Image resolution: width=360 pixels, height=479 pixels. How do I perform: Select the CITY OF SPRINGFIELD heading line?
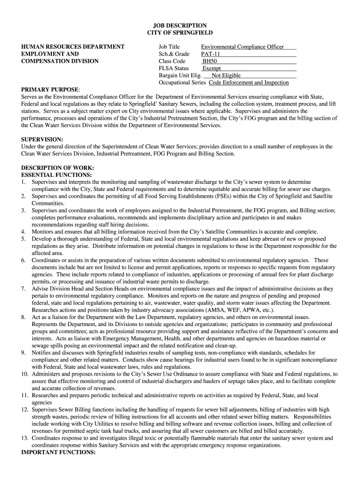coord(180,33)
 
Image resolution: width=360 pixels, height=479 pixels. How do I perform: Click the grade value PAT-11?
coord(211,54)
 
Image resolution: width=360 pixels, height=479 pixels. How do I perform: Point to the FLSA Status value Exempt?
coord(211,68)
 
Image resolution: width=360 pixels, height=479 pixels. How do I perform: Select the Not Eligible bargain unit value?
coord(226,75)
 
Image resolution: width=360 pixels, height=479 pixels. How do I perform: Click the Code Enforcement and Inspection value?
coord(249,82)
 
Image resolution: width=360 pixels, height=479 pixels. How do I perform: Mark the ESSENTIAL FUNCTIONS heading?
coord(57,174)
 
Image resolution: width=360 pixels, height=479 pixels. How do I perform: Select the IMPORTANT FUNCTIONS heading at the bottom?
coord(58,453)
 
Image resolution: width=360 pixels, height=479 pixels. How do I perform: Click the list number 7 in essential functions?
coord(23,289)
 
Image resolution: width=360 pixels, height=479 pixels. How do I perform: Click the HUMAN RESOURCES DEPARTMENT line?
coord(73,47)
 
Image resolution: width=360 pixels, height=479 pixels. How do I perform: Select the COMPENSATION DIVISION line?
coord(60,61)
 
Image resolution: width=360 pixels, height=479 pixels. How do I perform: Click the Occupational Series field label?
coord(182,82)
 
